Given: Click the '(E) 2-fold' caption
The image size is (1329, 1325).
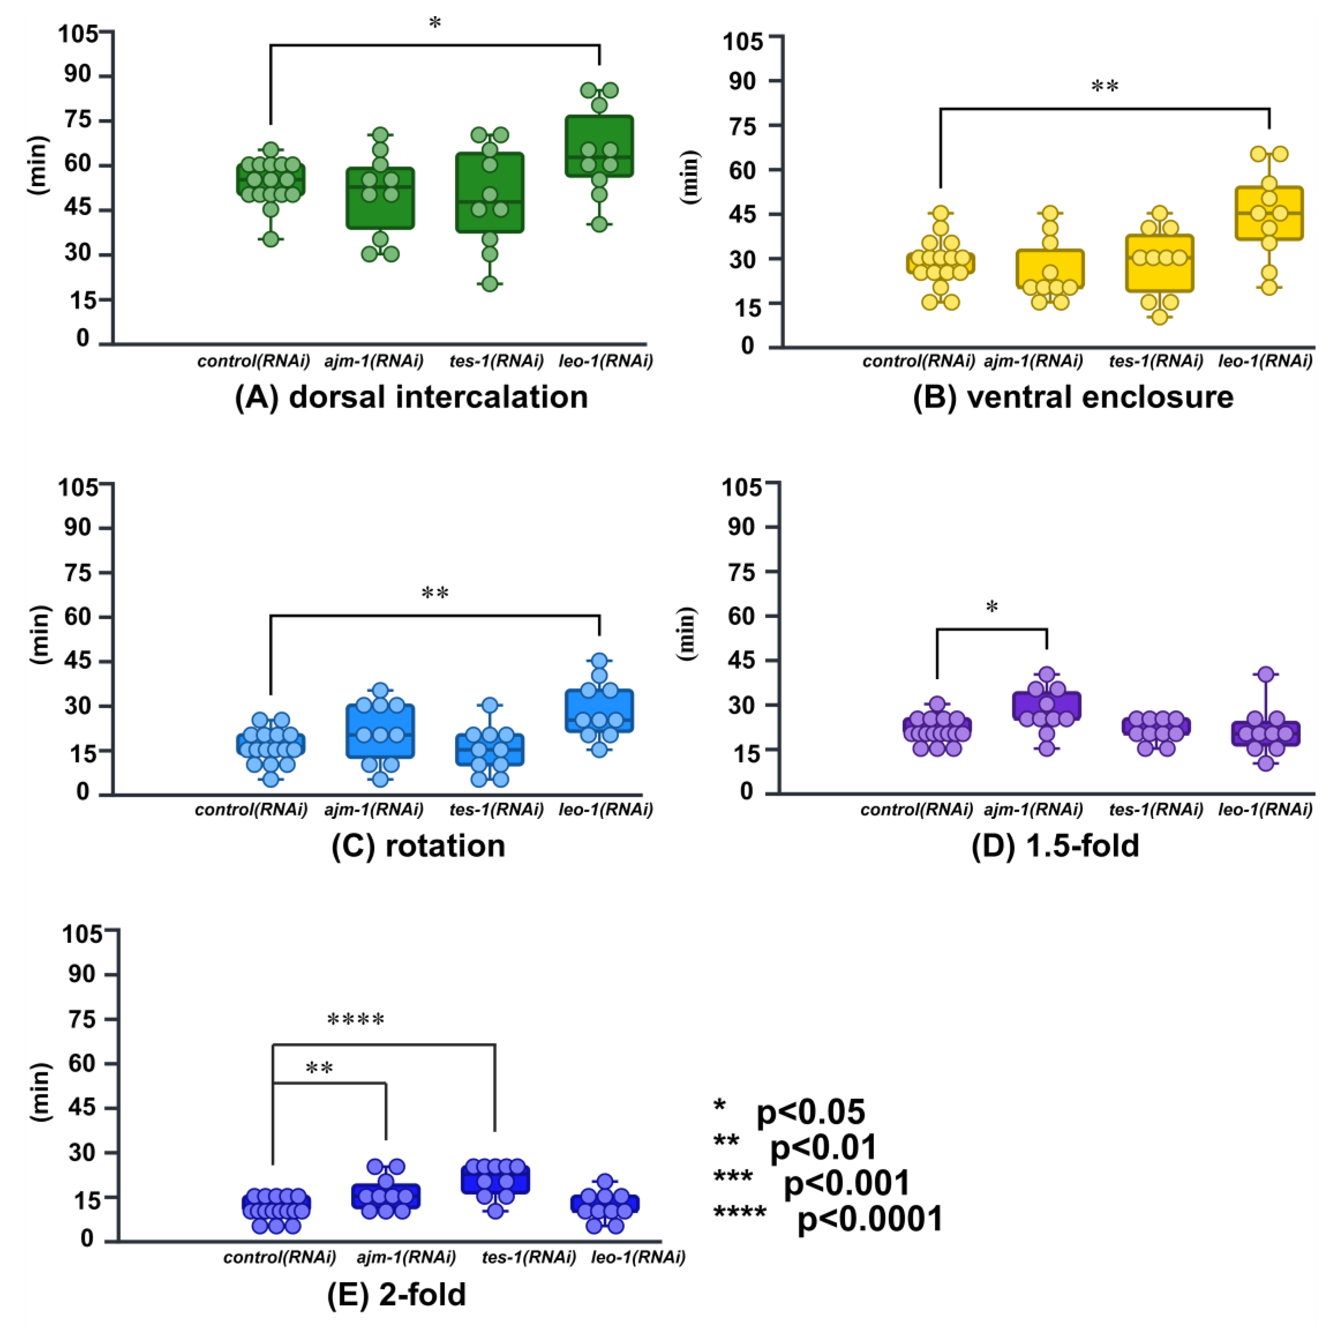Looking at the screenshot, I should (x=397, y=1294).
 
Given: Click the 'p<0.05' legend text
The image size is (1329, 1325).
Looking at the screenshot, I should (x=810, y=1112).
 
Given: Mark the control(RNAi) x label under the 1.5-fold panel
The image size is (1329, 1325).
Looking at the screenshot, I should (x=916, y=810).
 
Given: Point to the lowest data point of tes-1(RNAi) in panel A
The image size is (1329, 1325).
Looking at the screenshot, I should (x=489, y=283).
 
